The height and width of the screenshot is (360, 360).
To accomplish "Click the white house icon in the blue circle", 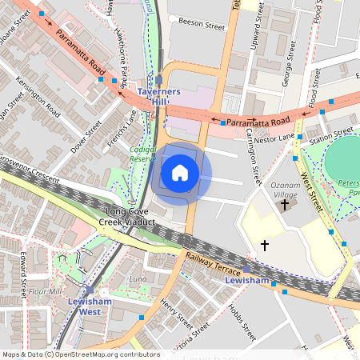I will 180,172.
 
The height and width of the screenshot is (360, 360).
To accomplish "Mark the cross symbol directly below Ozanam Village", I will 284,205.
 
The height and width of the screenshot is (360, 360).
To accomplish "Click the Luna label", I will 138,278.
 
